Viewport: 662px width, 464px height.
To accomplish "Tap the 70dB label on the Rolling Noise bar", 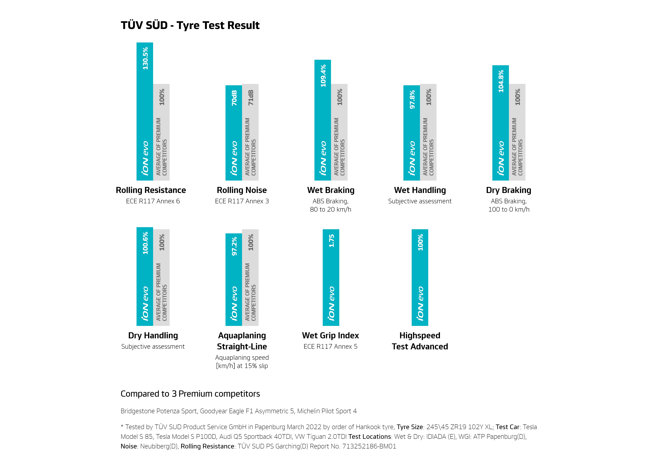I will coord(234,98).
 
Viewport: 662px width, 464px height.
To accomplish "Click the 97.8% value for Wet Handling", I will coord(412,99).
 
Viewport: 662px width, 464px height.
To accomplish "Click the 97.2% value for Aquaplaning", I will coord(234,246).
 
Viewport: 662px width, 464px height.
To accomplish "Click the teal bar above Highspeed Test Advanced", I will coord(420,277).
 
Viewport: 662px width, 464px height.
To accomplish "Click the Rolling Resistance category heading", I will coord(151,190).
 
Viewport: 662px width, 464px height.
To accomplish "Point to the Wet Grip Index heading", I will coord(330,336).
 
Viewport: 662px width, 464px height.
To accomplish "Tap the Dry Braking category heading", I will coord(509,190).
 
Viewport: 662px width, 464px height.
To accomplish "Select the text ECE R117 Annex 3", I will coord(242,201).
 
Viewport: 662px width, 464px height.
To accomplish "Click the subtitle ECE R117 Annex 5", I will coord(330,346).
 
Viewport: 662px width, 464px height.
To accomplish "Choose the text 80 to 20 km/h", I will coord(330,210).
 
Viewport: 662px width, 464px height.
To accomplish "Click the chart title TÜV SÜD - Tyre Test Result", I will coord(190,25).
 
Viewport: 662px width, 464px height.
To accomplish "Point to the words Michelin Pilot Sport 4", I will coord(327,411).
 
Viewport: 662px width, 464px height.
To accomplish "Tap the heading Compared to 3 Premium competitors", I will coord(190,394).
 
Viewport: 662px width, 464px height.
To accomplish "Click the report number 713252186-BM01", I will coord(369,446).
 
